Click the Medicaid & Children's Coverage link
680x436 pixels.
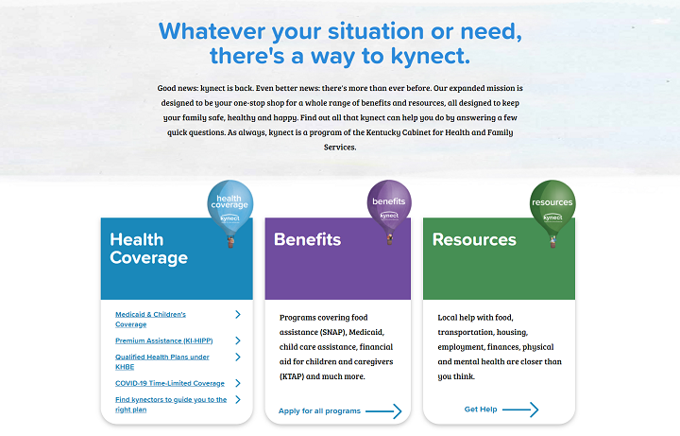(150, 319)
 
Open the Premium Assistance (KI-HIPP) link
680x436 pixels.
(164, 340)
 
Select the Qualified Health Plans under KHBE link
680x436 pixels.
(162, 361)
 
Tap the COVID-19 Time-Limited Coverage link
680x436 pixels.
(170, 383)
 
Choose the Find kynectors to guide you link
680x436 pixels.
(171, 404)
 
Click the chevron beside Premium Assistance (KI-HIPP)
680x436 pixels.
(238, 340)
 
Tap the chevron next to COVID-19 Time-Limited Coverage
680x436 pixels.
(238, 383)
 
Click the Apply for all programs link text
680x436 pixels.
(319, 410)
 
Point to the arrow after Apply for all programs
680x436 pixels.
(383, 411)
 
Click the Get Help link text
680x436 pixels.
(481, 410)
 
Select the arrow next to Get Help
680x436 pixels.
(520, 410)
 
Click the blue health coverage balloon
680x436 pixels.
(230, 208)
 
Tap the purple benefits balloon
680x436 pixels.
(389, 207)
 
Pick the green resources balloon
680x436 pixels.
(552, 208)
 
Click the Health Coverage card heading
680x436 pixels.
(149, 249)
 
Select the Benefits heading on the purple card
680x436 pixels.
(308, 239)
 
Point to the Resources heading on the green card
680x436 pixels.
(474, 239)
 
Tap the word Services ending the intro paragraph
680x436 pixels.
(340, 148)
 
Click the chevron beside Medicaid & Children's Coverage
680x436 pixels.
(238, 314)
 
